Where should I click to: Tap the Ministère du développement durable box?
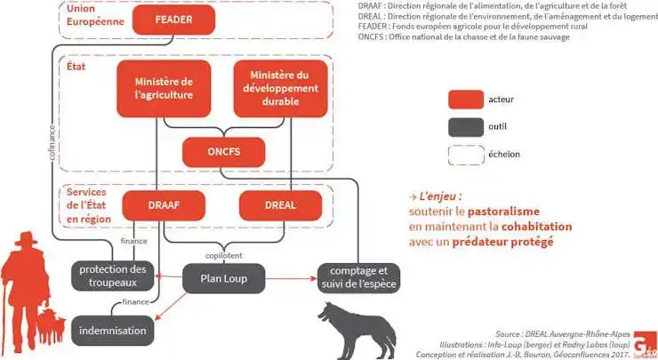click(278, 88)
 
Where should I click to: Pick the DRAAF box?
click(163, 205)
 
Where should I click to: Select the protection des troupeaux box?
click(112, 276)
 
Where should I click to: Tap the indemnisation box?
click(112, 330)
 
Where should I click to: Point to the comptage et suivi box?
click(358, 277)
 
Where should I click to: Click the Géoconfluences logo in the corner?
click(645, 348)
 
